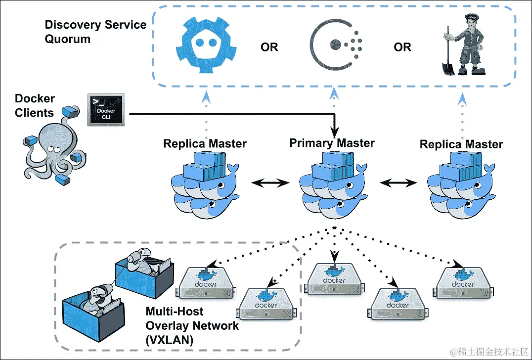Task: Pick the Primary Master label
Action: tap(332, 143)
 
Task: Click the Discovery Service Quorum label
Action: tap(95, 32)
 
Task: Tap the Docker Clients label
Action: tap(34, 105)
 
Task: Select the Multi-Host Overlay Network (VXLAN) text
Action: tap(192, 326)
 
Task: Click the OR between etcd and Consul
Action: tap(269, 47)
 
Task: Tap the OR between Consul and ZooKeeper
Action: tap(402, 47)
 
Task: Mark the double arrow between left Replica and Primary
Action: tap(270, 183)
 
